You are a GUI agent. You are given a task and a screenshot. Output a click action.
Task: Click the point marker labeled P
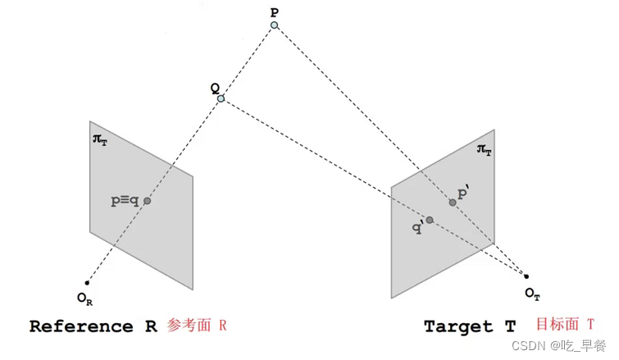(x=275, y=25)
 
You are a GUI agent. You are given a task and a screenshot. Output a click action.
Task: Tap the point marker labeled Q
(x=221, y=100)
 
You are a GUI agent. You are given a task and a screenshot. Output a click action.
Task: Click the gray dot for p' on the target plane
(x=453, y=202)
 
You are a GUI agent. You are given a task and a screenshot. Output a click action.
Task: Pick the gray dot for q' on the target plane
(x=429, y=219)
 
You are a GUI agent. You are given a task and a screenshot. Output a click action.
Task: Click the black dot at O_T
(x=526, y=276)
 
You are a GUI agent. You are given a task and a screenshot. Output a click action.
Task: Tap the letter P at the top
(x=274, y=11)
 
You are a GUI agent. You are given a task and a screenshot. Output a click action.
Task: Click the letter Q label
(x=214, y=89)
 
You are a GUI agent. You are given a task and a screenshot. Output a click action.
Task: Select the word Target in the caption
(x=459, y=326)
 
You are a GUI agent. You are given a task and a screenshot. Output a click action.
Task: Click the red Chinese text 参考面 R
(x=196, y=326)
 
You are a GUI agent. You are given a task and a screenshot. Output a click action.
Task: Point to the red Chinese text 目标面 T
(x=564, y=326)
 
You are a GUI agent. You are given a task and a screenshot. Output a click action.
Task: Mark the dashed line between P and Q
(x=248, y=62)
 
